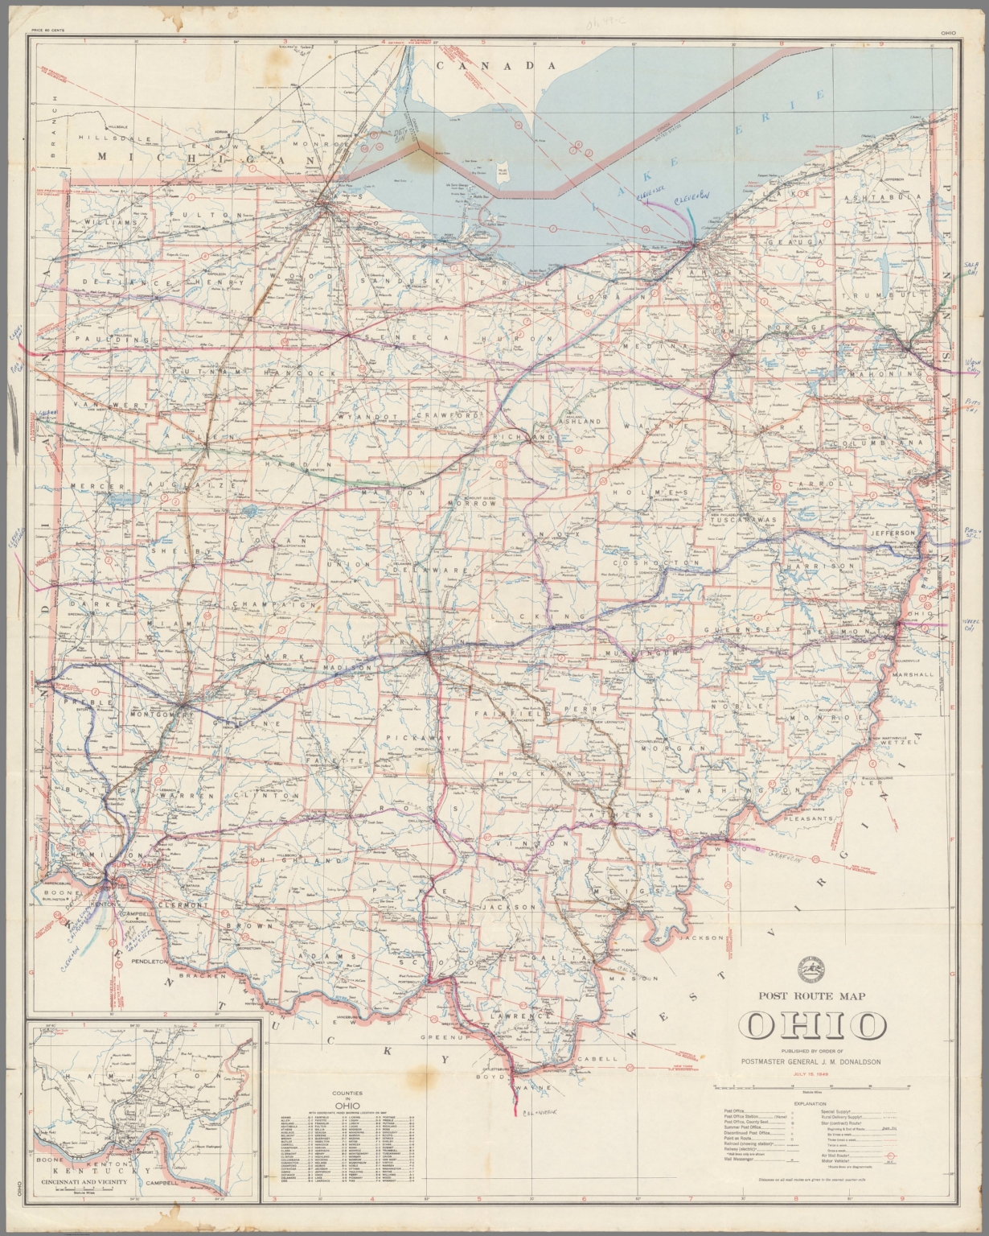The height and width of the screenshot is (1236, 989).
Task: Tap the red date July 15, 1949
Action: pos(811,1073)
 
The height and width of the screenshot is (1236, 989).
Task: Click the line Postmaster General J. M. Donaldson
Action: pos(810,1061)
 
